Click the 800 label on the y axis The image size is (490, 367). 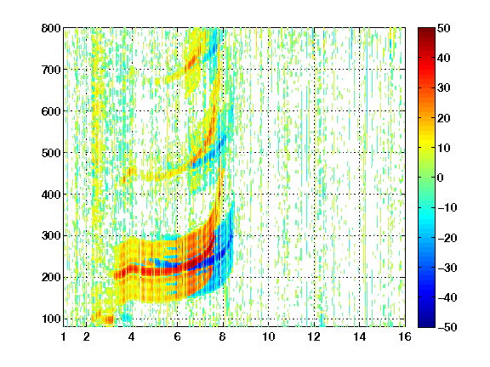51,28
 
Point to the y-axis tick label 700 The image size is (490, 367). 51,70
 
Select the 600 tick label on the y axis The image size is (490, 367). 51,111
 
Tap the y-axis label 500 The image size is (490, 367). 51,153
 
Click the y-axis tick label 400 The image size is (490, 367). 51,195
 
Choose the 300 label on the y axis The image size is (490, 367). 51,236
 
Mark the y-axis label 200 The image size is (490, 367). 51,278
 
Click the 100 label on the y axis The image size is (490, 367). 51,319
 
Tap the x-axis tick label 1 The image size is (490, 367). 64,336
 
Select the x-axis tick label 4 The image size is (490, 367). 132,336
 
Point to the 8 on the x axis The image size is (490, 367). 223,336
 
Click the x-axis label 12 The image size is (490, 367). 314,336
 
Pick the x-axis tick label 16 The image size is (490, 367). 405,336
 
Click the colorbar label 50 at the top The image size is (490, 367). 444,28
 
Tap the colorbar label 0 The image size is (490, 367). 441,178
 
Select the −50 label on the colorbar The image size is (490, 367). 447,327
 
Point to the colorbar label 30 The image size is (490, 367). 444,88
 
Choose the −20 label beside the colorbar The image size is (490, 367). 447,238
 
